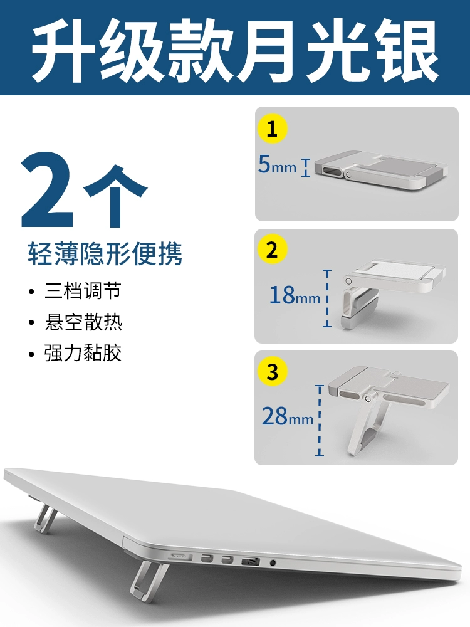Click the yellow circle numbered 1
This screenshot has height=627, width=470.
click(272, 129)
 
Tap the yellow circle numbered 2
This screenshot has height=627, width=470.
click(272, 250)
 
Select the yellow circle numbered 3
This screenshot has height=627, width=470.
click(272, 371)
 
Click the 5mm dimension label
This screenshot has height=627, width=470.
click(278, 164)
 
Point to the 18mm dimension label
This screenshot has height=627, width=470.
click(295, 295)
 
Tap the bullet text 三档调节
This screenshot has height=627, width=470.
click(83, 291)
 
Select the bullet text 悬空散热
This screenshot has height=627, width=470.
click(83, 322)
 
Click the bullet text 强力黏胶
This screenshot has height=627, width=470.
click(83, 353)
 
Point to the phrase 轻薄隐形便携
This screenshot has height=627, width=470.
click(105, 253)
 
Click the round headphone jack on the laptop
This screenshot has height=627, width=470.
click(273, 562)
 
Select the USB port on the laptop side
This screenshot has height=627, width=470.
click(251, 561)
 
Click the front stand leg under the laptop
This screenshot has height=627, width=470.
click(149, 579)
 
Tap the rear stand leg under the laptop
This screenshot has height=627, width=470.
click(44, 519)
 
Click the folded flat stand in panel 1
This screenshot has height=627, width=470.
click(380, 171)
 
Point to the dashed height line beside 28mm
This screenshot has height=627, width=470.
click(320, 421)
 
